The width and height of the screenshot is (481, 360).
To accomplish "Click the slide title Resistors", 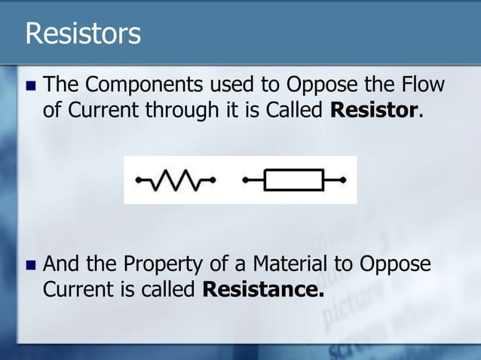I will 83,34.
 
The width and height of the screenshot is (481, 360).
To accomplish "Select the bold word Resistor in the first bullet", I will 375,111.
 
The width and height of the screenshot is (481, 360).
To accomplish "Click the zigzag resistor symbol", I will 176,180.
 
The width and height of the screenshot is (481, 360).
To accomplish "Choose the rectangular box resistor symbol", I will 296,180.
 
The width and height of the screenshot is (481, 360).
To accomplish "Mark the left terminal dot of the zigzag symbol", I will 138,180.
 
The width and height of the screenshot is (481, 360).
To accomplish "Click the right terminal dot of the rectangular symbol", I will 343,180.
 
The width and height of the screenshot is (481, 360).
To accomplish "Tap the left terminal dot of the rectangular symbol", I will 246,180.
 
